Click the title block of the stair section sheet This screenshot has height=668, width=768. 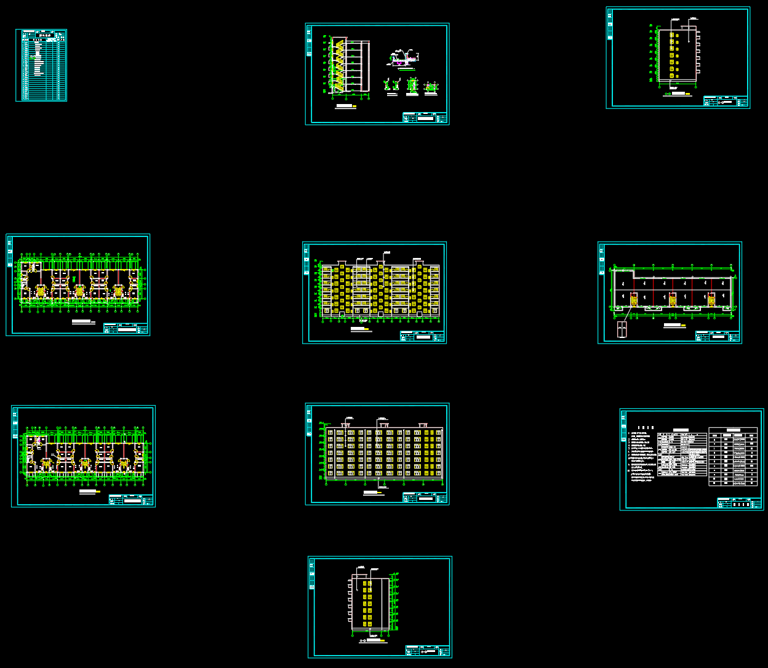(425, 118)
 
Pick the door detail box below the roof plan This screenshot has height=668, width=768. (622, 329)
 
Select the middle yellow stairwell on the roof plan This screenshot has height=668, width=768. (673, 300)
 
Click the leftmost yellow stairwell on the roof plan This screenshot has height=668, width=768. (633, 300)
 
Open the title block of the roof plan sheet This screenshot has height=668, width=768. (717, 336)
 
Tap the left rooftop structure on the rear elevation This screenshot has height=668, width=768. (346, 423)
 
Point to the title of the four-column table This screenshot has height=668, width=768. (732, 430)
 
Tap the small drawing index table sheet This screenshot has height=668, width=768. (41, 65)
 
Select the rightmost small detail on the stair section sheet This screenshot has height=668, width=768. (431, 87)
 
